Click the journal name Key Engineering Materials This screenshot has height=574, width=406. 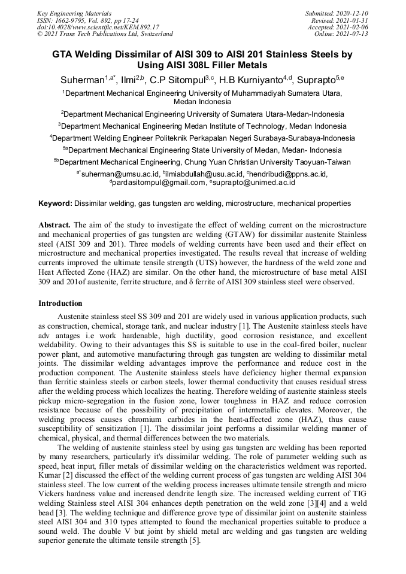click(x=74, y=13)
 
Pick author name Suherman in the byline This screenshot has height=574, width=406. click(x=81, y=80)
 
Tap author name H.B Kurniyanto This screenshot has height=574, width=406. click(x=250, y=80)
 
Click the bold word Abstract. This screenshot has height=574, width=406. click(x=54, y=224)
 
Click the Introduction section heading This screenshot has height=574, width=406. click(x=60, y=303)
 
